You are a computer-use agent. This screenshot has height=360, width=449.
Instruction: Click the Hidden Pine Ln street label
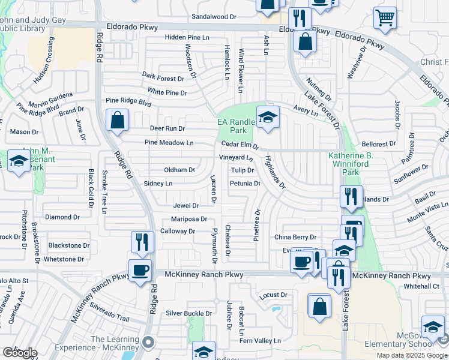(187, 37)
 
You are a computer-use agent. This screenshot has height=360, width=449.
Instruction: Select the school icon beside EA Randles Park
(268, 118)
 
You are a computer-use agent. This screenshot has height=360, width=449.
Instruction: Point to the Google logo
(19, 352)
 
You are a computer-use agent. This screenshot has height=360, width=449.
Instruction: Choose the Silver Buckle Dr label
(190, 313)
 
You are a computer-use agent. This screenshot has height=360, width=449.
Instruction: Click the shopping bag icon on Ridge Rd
(118, 120)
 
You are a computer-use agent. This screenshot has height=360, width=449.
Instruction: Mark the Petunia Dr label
(245, 184)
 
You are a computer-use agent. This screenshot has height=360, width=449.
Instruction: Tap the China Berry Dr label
(295, 238)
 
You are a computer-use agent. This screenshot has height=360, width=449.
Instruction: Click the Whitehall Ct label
(421, 287)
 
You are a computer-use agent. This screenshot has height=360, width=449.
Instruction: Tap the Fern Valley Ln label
(260, 341)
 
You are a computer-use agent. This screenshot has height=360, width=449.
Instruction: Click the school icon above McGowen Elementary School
(433, 327)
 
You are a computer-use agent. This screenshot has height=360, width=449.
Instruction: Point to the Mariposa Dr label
(188, 219)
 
